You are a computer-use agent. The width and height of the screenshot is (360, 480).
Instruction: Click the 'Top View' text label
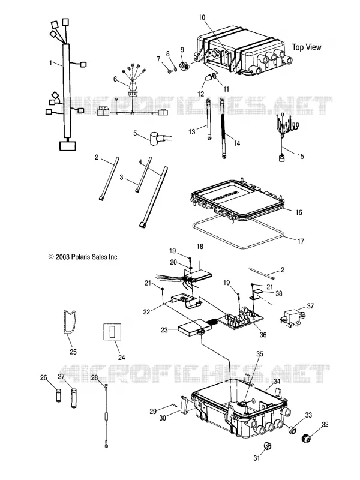307,47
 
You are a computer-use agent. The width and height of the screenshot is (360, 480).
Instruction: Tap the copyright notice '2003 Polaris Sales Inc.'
87,257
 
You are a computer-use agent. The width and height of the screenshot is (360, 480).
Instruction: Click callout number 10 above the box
202,17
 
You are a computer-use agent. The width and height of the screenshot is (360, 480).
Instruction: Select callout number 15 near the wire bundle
301,156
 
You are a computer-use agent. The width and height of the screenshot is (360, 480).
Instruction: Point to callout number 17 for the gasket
301,241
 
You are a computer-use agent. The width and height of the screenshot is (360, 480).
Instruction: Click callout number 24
122,357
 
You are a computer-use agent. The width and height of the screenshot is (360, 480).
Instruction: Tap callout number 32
325,424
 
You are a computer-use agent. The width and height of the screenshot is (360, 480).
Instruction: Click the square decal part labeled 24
112,331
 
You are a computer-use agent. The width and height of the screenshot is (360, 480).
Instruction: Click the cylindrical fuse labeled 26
59,396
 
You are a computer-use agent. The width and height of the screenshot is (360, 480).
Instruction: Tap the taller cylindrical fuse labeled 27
73,398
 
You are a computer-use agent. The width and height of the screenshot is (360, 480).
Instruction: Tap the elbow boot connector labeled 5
160,139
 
